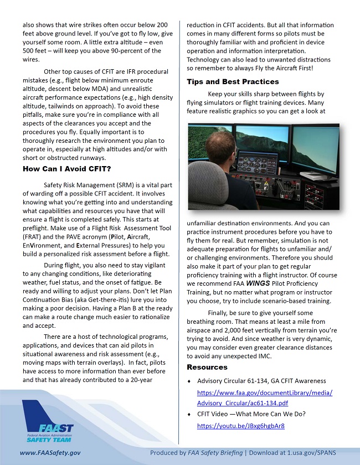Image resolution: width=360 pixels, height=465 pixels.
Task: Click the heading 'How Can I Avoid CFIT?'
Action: click(66, 169)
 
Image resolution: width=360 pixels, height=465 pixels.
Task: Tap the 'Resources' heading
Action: click(207, 367)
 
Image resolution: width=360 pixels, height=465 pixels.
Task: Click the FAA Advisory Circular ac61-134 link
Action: click(265, 397)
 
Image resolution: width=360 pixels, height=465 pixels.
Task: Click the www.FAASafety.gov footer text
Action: click(50, 453)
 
